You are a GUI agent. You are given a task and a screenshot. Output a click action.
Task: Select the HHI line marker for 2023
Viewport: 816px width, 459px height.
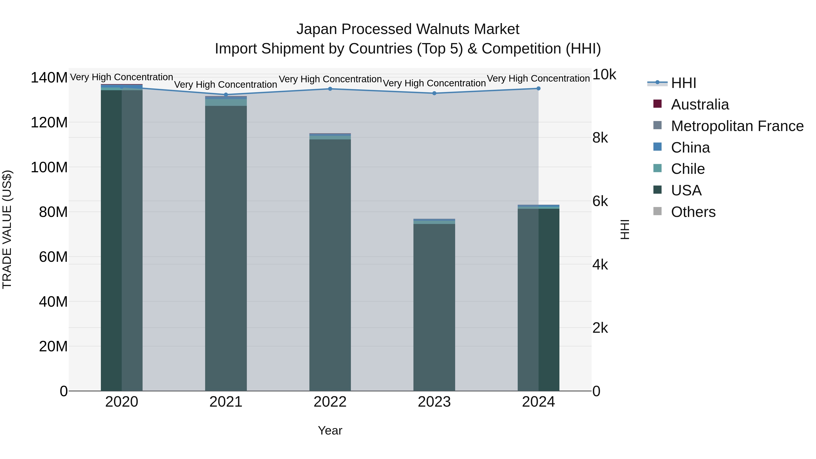click(x=434, y=93)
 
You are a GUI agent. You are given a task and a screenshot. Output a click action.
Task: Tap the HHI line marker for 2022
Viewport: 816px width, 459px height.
click(x=330, y=89)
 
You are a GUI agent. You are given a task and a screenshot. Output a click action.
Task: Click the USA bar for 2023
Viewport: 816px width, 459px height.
click(x=434, y=307)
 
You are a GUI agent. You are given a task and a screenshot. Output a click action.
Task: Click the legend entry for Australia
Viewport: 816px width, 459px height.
click(x=700, y=104)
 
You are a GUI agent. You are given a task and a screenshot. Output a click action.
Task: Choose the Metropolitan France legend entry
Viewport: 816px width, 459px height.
click(x=737, y=126)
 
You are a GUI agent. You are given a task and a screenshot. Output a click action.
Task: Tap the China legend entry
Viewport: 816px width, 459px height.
click(x=690, y=148)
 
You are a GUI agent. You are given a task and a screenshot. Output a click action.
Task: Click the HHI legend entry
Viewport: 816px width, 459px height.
click(x=683, y=83)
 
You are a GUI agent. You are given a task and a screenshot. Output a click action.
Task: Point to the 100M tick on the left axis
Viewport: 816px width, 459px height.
click(x=49, y=167)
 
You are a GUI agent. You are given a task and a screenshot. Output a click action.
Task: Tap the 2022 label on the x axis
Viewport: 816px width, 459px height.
click(x=330, y=402)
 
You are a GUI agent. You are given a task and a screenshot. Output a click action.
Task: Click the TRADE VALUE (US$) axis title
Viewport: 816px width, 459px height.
click(x=7, y=229)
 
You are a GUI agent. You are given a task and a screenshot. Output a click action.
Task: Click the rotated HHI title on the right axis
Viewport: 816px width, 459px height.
click(x=625, y=229)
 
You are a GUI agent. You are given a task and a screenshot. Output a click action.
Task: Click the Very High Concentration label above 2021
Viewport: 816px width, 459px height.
click(x=226, y=85)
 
